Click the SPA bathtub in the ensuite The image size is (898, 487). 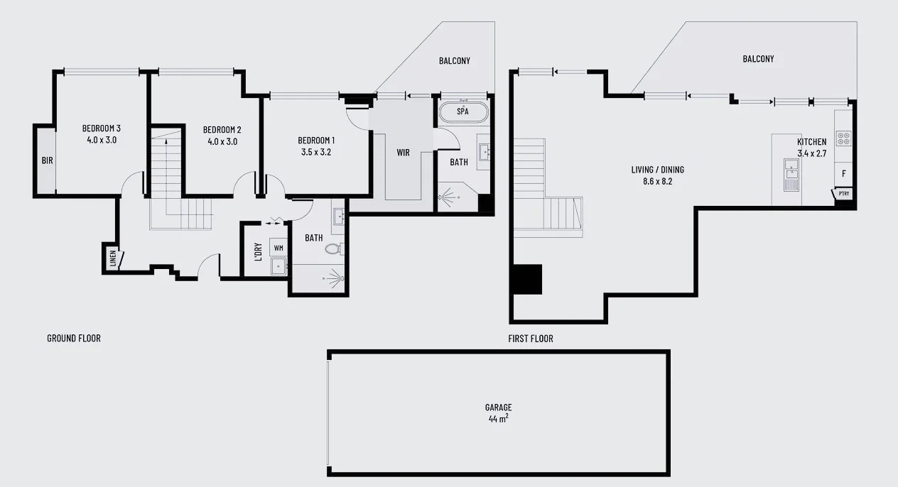(x=462, y=112)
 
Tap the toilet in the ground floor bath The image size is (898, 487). (x=333, y=249)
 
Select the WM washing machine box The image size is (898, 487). (x=278, y=248)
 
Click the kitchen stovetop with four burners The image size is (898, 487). (x=843, y=138)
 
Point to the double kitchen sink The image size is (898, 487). (x=791, y=170)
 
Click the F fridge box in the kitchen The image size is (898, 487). (x=843, y=173)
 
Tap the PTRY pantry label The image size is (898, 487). (x=843, y=193)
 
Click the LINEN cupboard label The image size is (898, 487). (x=113, y=258)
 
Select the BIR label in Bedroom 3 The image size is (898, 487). (x=47, y=160)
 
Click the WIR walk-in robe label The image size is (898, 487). (x=404, y=153)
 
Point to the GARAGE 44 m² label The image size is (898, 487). (x=498, y=412)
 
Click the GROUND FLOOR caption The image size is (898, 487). (x=74, y=338)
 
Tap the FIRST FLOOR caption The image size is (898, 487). (x=531, y=339)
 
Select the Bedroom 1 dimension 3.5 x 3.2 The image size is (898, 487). (x=316, y=151)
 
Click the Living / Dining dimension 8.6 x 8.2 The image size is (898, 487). (x=651, y=181)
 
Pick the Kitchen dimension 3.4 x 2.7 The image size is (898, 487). (x=811, y=153)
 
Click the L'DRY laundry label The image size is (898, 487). (x=258, y=251)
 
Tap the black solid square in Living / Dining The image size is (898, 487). (x=527, y=279)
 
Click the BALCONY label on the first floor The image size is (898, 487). (x=758, y=59)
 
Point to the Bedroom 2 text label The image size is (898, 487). (x=222, y=130)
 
